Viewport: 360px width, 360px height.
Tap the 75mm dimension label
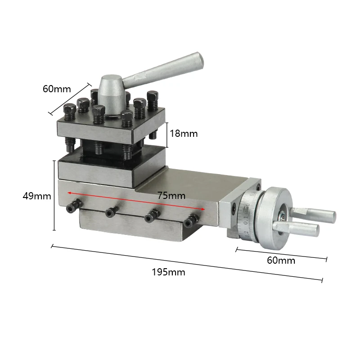point(171,195)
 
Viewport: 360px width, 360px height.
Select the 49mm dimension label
point(37,196)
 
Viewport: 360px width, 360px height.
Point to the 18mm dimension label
point(183,134)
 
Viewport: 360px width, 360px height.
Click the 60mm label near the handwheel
point(281,260)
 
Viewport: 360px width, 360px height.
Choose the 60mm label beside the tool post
point(57,89)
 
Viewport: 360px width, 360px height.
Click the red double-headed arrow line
point(135,200)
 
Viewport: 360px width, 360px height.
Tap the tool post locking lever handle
point(162,69)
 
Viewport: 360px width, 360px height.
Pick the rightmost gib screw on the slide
point(192,220)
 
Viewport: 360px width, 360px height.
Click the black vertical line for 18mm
point(167,134)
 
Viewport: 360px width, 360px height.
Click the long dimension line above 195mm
point(187,263)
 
